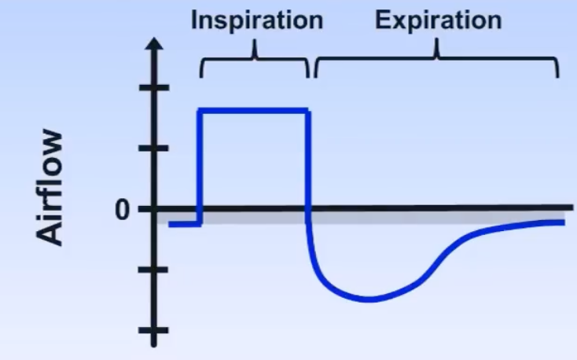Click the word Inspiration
click(x=256, y=20)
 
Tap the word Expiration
click(x=438, y=20)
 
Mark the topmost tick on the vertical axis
click(x=156, y=86)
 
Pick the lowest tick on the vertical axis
click(x=156, y=330)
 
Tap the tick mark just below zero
click(x=156, y=270)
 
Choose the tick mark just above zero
click(x=156, y=148)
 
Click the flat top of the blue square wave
click(x=255, y=111)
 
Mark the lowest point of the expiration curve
click(x=367, y=299)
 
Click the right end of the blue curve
click(x=562, y=222)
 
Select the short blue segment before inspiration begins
click(x=185, y=224)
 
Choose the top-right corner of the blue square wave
click(x=307, y=112)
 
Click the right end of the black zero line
click(x=570, y=208)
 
